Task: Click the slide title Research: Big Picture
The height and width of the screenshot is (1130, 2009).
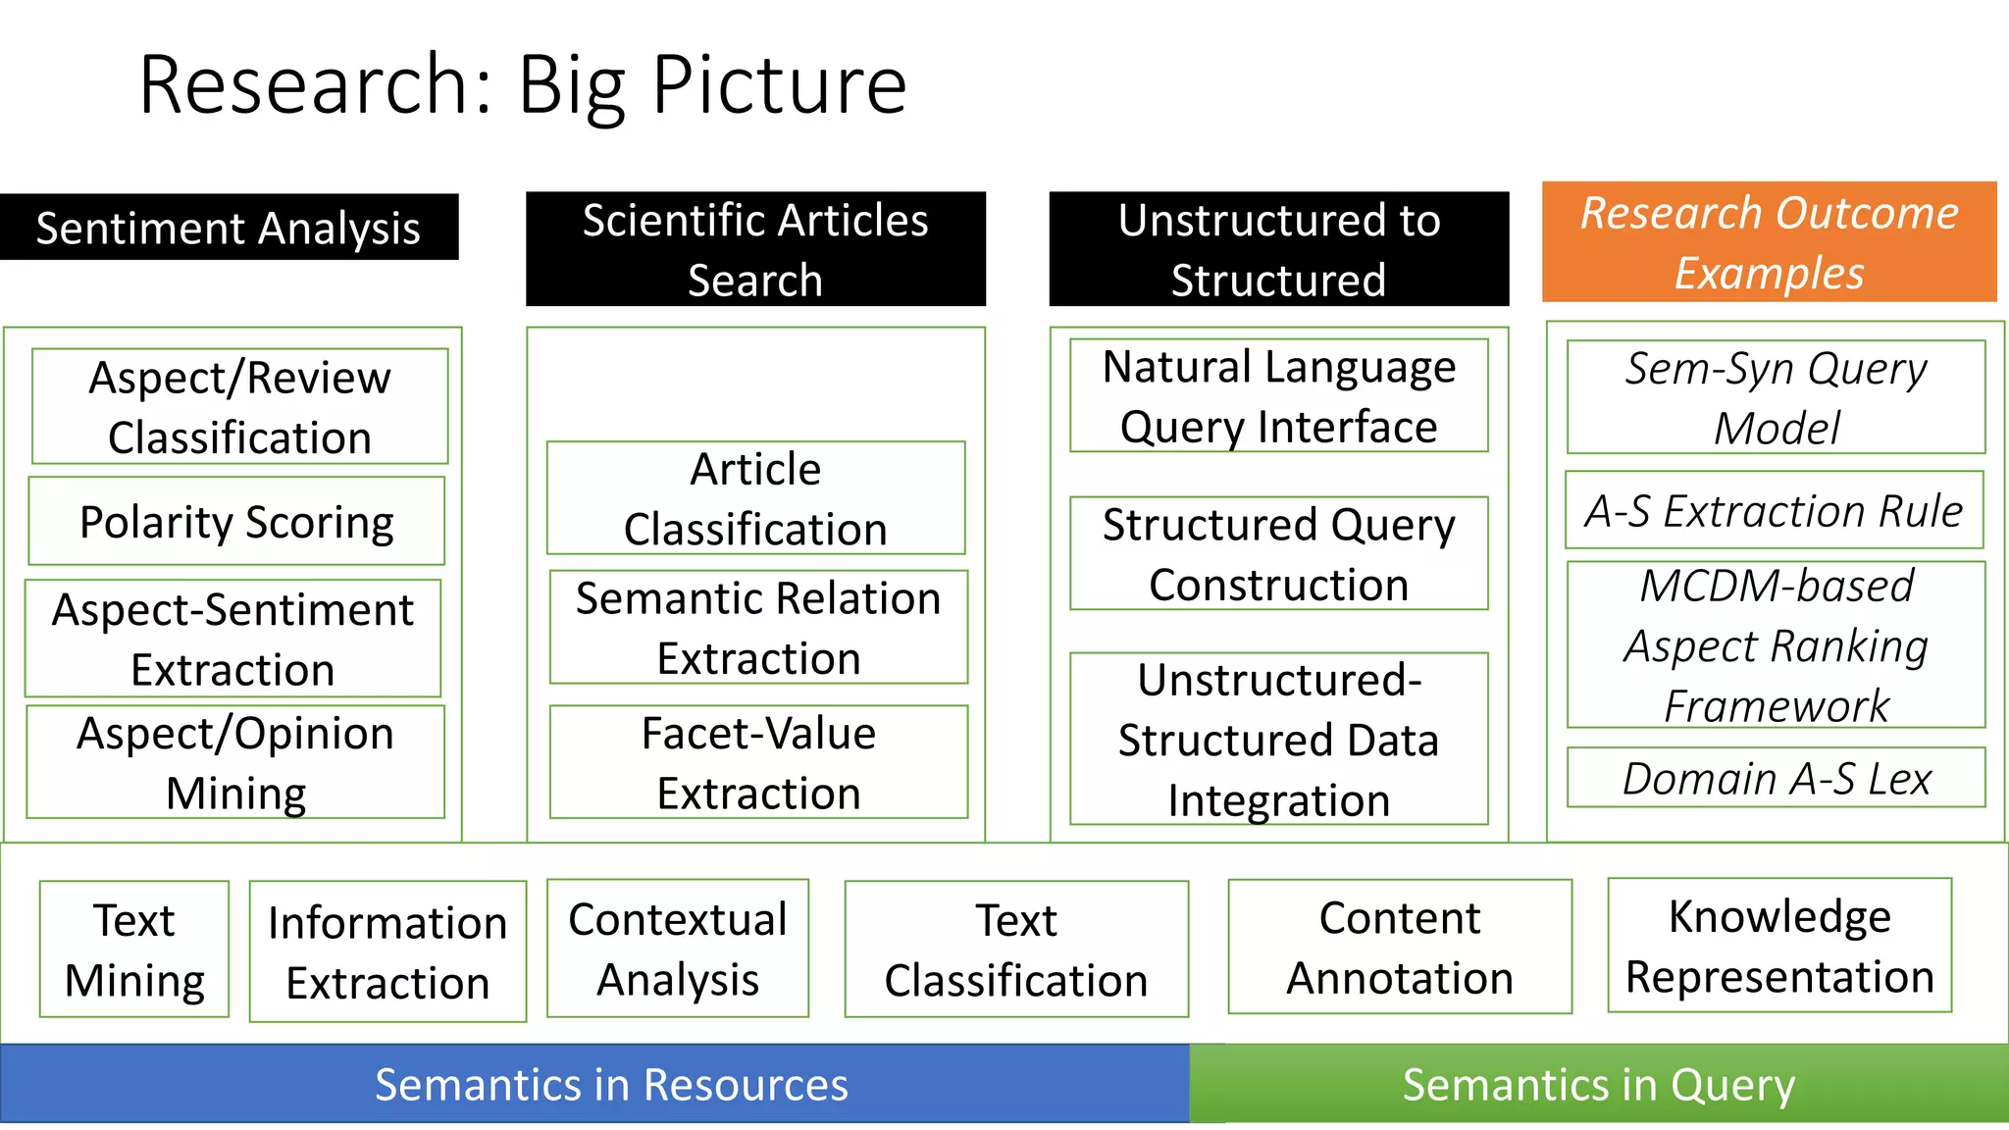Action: (x=523, y=86)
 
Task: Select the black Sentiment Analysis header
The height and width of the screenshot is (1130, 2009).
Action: (x=229, y=228)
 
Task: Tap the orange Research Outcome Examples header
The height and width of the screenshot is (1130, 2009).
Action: (x=1769, y=242)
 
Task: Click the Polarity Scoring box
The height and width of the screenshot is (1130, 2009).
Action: (x=236, y=521)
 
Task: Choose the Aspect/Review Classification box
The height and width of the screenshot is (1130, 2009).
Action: (x=239, y=406)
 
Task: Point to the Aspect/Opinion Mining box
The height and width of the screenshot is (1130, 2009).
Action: (x=235, y=762)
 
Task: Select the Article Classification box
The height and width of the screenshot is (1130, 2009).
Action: (x=755, y=498)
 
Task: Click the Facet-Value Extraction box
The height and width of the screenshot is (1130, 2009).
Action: (x=758, y=762)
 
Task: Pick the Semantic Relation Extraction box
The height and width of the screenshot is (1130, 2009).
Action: (x=758, y=627)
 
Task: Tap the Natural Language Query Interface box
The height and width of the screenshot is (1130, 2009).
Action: (x=1278, y=396)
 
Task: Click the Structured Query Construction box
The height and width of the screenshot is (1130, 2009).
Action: (x=1278, y=554)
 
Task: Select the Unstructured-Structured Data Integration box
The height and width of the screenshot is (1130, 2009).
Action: (x=1278, y=739)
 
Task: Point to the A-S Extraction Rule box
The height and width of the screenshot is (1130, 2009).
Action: (x=1774, y=511)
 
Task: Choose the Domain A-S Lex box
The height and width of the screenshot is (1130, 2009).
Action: (x=1776, y=778)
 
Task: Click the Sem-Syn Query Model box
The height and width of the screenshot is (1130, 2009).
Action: (x=1776, y=397)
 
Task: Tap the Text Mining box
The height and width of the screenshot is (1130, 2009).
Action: (x=134, y=950)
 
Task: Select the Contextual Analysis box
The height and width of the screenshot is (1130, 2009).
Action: (x=678, y=949)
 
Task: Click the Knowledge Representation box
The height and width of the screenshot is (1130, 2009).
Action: (x=1779, y=946)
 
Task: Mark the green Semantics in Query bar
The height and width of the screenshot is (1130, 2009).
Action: (x=1599, y=1084)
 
